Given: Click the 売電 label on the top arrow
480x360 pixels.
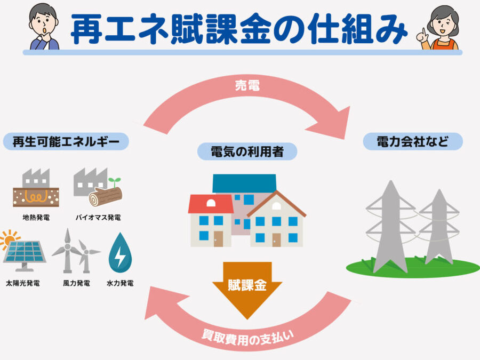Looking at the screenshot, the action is (247, 85).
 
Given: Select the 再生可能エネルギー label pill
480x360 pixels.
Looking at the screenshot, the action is (66, 141).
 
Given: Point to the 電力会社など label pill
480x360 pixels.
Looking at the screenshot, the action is (413, 141).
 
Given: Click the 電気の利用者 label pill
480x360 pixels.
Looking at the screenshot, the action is (247, 151).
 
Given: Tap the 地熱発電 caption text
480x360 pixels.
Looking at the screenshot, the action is (36, 218).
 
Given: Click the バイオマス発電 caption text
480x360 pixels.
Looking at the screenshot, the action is (98, 218).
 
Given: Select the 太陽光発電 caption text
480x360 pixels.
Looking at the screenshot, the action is (22, 283).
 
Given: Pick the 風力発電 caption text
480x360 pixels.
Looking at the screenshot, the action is (76, 283).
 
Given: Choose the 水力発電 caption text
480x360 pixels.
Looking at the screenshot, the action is (120, 283).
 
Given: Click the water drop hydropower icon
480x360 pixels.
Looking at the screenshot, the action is (120, 253).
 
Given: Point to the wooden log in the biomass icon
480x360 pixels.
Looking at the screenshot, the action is (106, 196).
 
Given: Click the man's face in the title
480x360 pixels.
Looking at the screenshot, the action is (44, 25).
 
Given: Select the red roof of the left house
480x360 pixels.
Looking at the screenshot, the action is (211, 204).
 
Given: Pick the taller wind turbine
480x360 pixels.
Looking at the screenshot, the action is (67, 251).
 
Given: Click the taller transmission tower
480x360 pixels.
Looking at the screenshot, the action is (390, 227).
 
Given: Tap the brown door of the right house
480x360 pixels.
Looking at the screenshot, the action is (276, 239).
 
